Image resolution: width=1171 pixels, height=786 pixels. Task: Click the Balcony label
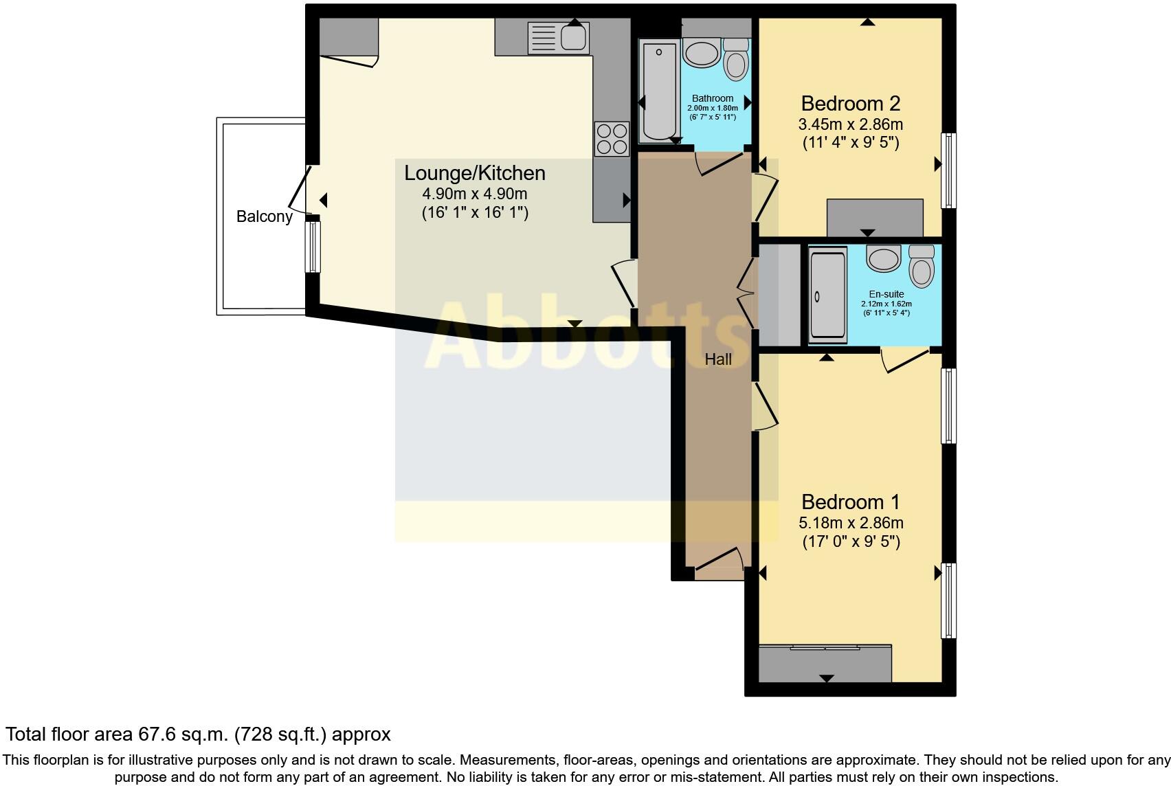(x=264, y=216)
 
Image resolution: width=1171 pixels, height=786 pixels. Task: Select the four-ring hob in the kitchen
(x=611, y=138)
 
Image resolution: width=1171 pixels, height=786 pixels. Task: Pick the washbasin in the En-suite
(x=884, y=259)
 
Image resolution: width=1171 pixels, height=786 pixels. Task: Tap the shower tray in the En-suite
(x=828, y=295)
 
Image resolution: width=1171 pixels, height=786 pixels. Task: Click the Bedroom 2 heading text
(x=850, y=104)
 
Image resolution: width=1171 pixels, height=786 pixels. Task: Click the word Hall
(x=718, y=359)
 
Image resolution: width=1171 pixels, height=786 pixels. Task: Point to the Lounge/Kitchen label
(x=474, y=173)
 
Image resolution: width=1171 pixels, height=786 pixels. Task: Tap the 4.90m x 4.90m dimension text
(x=474, y=194)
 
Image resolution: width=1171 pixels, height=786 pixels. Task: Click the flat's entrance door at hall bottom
(x=719, y=559)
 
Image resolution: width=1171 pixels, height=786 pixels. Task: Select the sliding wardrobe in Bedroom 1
(x=825, y=662)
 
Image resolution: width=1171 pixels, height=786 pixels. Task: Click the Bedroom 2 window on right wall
(x=948, y=170)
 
